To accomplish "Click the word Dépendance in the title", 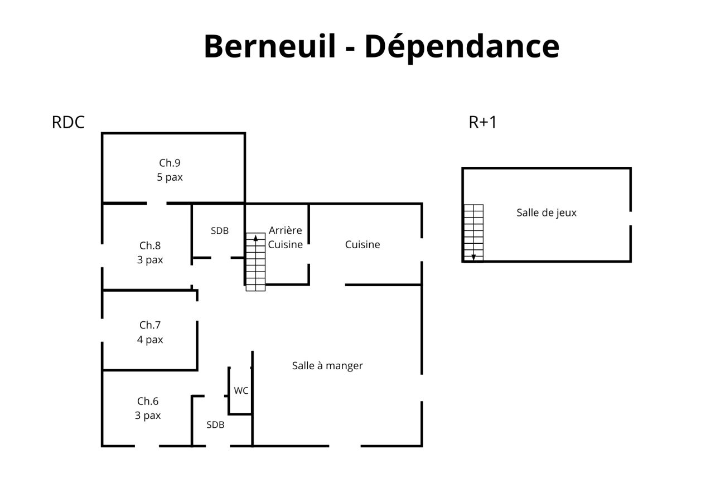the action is (462, 48).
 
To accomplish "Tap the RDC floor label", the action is (68, 122).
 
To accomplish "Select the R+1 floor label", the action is (482, 122).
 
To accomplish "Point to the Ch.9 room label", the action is (170, 163).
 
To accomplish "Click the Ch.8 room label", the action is (150, 245).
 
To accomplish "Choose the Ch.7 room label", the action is (150, 325).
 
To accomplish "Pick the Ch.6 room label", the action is (148, 402).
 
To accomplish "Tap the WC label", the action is (241, 390).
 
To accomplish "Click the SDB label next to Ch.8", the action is (219, 231).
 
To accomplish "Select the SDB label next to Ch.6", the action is (215, 424).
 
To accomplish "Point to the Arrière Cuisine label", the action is (285, 238).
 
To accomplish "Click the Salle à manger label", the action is (327, 366).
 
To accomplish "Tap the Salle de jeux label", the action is (547, 213).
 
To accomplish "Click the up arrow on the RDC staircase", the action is (255, 239).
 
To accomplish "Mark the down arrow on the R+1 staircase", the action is (473, 257).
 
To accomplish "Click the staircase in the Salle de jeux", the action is (474, 233).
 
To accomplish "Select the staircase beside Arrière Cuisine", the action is (255, 262).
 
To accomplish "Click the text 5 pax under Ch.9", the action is (170, 177).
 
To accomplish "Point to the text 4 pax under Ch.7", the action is (150, 340).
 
